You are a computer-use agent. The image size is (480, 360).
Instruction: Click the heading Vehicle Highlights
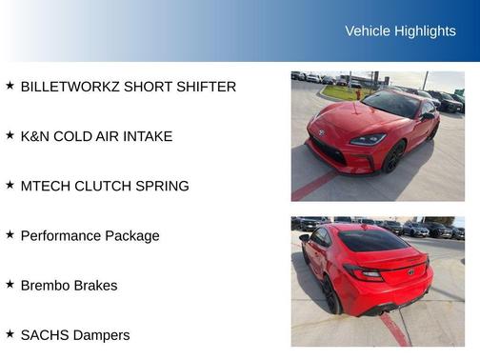point(400,31)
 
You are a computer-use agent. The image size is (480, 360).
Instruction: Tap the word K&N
point(37,136)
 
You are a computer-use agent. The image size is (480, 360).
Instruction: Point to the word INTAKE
point(148,136)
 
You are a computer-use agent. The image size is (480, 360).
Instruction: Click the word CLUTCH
point(104,186)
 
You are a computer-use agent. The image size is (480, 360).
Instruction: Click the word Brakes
point(96,285)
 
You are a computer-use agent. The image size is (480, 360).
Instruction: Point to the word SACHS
point(44,334)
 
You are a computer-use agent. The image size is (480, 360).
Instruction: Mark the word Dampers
point(101,334)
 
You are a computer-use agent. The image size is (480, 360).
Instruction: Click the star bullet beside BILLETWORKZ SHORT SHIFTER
point(10,86)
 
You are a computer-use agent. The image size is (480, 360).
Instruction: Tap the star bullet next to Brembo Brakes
point(10,284)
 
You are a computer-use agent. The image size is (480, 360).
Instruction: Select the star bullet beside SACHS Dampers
point(10,333)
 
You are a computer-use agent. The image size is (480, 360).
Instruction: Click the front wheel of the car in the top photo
point(393,158)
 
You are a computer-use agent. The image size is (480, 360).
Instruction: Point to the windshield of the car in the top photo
point(390,105)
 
